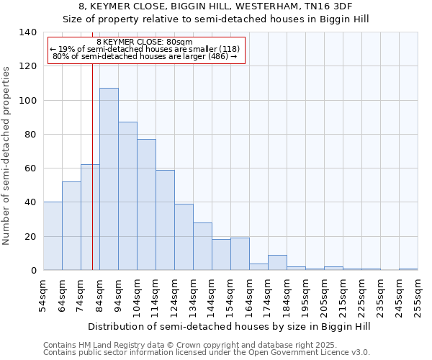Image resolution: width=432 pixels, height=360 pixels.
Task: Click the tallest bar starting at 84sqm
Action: click(x=109, y=179)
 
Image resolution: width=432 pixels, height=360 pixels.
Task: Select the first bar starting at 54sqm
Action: click(x=53, y=236)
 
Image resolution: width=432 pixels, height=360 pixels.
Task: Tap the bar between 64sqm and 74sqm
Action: click(x=71, y=226)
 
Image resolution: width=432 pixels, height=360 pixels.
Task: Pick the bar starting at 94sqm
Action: click(x=127, y=196)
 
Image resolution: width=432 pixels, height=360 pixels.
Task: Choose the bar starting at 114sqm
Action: click(x=165, y=220)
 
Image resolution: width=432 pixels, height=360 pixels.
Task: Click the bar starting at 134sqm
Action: click(x=202, y=246)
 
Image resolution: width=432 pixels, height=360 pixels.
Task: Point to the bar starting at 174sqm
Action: click(x=277, y=263)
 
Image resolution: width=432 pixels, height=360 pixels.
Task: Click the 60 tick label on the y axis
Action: click(x=31, y=168)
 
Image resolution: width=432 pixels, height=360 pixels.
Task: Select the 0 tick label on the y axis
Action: click(x=34, y=271)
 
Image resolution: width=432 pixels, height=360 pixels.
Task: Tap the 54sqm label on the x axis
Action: click(x=43, y=294)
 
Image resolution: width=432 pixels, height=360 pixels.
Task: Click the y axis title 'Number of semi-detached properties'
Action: click(x=7, y=156)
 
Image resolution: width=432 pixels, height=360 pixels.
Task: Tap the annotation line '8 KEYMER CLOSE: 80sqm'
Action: click(x=144, y=42)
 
